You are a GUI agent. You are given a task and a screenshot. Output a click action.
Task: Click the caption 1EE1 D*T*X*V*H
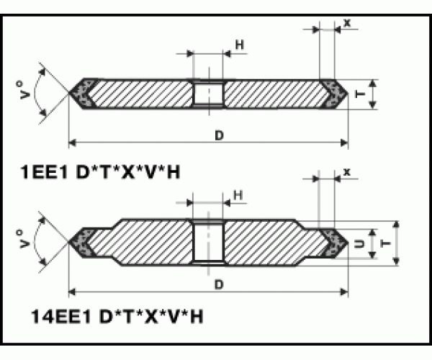(100, 172)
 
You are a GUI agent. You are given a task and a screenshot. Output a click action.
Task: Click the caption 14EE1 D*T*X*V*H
(117, 316)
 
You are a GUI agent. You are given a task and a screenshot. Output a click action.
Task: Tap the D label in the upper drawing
(220, 135)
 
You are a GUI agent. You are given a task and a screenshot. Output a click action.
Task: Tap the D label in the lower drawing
(219, 284)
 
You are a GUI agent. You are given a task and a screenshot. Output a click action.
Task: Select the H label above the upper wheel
(240, 45)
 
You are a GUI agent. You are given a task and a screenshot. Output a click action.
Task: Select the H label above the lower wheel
(238, 195)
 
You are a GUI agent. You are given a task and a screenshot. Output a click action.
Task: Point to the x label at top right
(347, 23)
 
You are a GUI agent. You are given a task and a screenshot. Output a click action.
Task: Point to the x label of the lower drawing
(347, 172)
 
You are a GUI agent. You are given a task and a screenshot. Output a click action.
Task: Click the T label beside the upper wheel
(360, 94)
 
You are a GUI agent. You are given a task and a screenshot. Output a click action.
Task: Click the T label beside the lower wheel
(385, 243)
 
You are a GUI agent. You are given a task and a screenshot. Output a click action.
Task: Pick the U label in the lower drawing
(359, 244)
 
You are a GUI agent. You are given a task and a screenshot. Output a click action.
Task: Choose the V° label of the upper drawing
(25, 90)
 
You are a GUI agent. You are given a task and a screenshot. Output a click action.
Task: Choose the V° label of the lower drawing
(24, 239)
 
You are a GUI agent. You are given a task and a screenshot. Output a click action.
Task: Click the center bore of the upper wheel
(209, 94)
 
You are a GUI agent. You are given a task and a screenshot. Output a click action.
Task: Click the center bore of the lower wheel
(209, 243)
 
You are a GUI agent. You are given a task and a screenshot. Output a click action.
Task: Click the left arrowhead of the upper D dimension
(72, 143)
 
